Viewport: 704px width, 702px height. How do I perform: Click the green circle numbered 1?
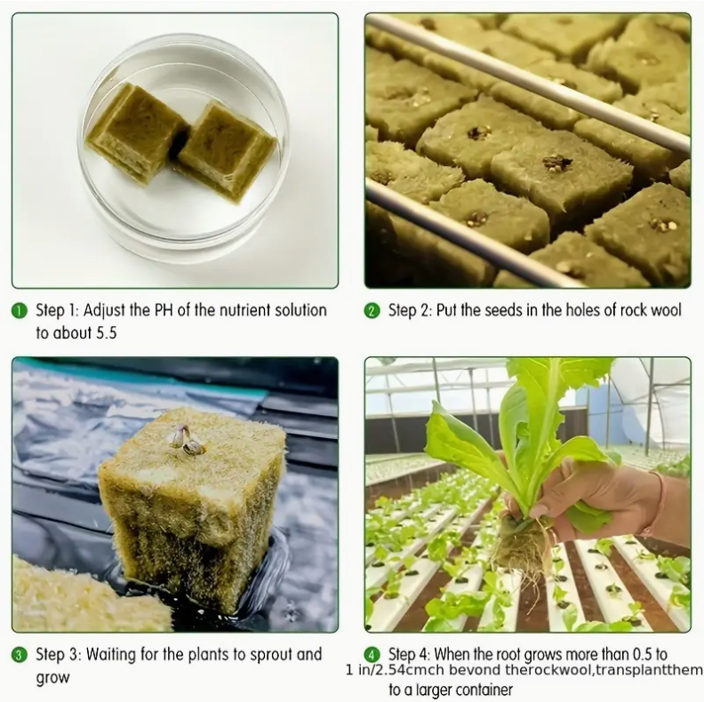pyautogui.click(x=19, y=311)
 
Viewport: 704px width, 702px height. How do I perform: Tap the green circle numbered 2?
pyautogui.click(x=372, y=311)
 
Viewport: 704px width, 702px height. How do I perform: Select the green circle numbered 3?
pyautogui.click(x=19, y=655)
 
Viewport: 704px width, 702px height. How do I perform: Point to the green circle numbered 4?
pyautogui.click(x=372, y=655)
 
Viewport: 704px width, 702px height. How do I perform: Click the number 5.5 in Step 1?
pyautogui.click(x=106, y=333)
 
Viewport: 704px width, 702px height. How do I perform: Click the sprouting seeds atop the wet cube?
pyautogui.click(x=187, y=436)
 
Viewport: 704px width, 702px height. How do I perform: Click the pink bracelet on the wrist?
pyautogui.click(x=655, y=504)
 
